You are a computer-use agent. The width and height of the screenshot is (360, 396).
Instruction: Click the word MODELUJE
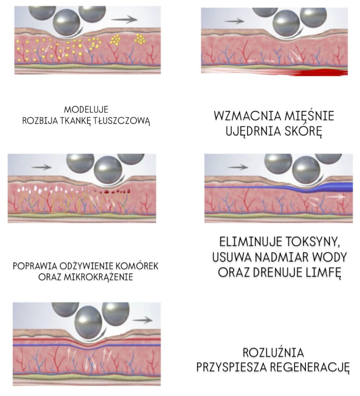[x=85, y=109]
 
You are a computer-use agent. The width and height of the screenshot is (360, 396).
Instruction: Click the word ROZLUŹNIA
[x=273, y=353]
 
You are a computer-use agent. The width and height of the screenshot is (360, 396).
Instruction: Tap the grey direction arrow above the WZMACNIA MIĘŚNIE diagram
[x=234, y=21]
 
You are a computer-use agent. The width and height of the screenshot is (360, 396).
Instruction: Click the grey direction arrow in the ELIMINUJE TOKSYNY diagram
[x=238, y=167]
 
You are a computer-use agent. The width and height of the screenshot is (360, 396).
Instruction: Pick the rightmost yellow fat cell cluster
[x=140, y=39]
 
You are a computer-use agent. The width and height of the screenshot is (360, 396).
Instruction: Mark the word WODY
[x=331, y=258]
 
